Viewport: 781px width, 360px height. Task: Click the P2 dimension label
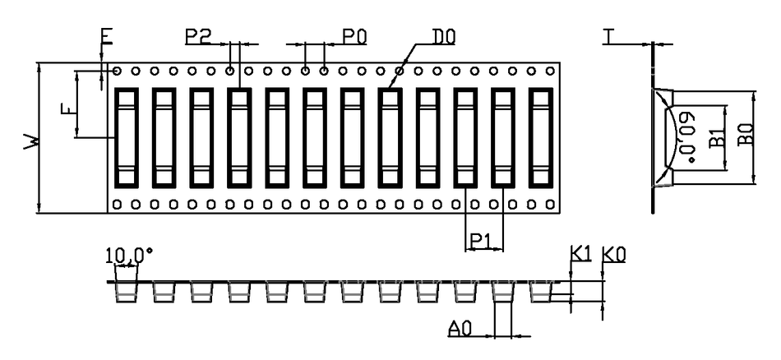198,36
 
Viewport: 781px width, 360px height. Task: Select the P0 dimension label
354,36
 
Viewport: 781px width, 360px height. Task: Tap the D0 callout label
443,36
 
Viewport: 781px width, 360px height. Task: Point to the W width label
32,141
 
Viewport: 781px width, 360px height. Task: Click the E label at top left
107,36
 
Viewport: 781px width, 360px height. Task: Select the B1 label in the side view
716,137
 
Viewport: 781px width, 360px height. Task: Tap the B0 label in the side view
746,134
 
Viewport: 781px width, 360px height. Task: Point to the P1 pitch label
479,242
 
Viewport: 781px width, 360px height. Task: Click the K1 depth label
580,255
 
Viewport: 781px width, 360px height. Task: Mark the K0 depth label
613,255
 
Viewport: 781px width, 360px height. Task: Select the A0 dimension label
460,329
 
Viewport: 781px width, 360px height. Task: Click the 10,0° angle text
128,256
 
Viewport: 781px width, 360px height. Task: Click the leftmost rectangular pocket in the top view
127,138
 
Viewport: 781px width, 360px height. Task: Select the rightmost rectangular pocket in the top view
541,138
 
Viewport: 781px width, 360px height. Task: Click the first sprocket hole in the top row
117,71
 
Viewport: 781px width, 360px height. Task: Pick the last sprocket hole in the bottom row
550,204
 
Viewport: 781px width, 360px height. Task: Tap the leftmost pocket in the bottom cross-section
126,293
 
